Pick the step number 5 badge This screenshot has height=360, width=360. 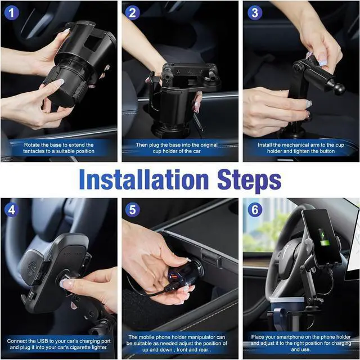click(x=133, y=210)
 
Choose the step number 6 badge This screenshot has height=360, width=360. click(x=254, y=210)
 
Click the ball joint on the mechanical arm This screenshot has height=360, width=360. click(x=339, y=88)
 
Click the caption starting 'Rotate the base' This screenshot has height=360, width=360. click(x=59, y=148)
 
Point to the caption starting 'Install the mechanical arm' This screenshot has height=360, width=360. click(x=300, y=148)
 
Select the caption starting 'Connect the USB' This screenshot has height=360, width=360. click(x=59, y=345)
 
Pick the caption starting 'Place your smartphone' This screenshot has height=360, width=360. click(x=300, y=345)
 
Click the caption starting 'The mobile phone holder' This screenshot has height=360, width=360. click(x=179, y=345)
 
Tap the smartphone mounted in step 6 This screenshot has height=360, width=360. click(x=321, y=236)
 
